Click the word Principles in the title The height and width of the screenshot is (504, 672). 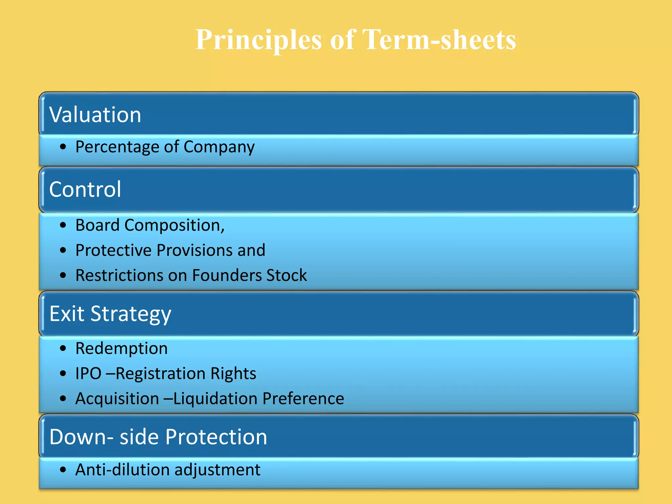click(x=258, y=40)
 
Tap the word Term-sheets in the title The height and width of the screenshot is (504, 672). click(x=439, y=40)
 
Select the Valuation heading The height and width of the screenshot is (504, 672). click(x=95, y=115)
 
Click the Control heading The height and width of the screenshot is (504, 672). click(x=85, y=190)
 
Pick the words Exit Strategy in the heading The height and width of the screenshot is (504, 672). click(x=110, y=314)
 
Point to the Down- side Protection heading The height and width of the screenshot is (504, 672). click(x=158, y=437)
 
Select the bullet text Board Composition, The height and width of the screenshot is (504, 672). click(x=150, y=225)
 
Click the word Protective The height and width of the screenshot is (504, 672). click(x=114, y=250)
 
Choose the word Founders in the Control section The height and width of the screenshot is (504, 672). click(x=227, y=275)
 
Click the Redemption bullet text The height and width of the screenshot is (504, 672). click(x=121, y=348)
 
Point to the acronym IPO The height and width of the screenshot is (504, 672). click(x=88, y=373)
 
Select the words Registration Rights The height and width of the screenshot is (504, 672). click(x=186, y=374)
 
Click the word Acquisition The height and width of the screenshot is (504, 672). click(x=117, y=399)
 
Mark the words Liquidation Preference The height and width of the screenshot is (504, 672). click(x=259, y=399)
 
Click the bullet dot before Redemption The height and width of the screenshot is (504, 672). click(x=63, y=348)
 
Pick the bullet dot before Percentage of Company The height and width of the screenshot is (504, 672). click(x=63, y=147)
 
